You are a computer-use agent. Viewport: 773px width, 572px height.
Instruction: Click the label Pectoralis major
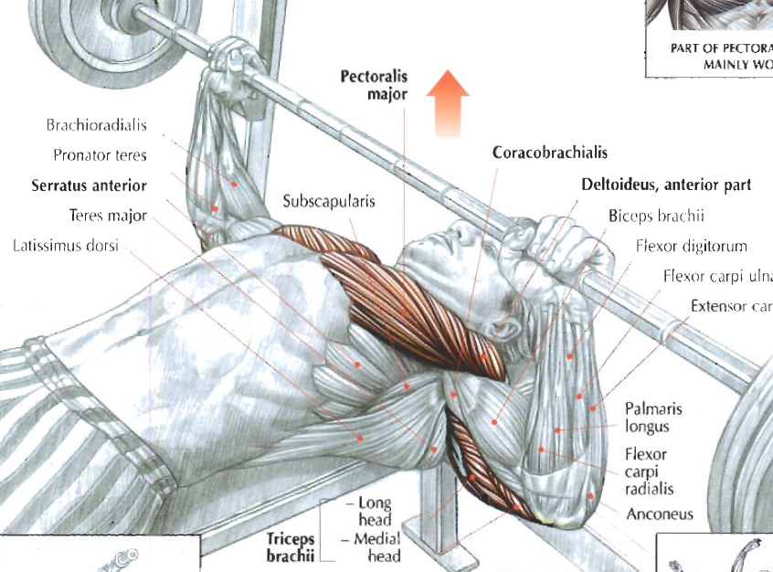pos(374,84)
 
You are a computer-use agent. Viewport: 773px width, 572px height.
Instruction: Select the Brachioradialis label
pos(96,125)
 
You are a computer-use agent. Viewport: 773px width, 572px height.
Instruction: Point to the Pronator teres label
pos(100,155)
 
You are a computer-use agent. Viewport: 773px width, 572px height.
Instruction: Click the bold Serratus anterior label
pos(89,185)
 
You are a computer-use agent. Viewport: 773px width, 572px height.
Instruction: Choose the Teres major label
pos(107,217)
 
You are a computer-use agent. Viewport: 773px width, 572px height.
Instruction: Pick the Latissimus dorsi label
pos(68,247)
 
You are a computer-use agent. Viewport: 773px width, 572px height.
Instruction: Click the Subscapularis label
pos(328,202)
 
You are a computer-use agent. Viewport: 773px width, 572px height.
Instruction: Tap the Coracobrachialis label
pos(549,153)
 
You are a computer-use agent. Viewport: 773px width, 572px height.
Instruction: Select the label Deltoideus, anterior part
pos(666,185)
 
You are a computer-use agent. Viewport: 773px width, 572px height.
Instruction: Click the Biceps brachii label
pos(656,217)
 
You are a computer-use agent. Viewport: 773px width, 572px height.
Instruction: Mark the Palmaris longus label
pos(653,418)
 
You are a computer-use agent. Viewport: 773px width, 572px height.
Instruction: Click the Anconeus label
pos(659,514)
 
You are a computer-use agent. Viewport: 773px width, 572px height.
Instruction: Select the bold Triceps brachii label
pos(291,546)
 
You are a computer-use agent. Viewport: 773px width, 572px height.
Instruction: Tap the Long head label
pos(373,511)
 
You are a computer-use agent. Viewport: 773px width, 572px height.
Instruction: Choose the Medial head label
pos(376,546)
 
